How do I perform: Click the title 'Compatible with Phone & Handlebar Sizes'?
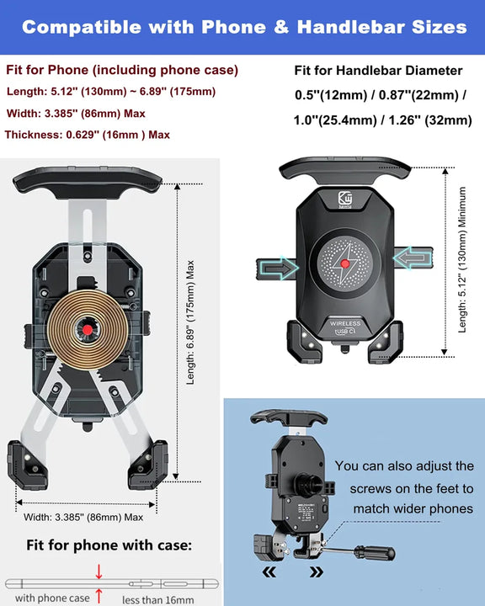pos(243,27)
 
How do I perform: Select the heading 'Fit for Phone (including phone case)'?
pos(122,70)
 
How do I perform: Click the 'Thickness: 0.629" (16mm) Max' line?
pos(88,135)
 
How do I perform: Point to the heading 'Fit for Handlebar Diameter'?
pos(378,71)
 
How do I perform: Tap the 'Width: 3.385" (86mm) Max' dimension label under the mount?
pos(83,517)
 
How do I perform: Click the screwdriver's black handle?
pos(373,554)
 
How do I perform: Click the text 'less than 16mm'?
pos(157,598)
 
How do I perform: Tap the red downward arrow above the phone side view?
pos(99,572)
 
